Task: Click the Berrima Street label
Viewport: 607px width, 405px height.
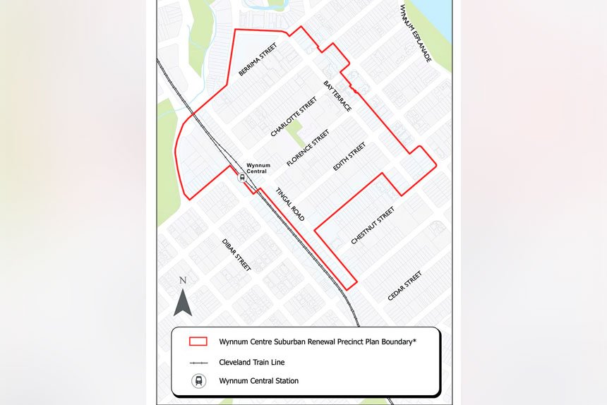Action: [258, 60]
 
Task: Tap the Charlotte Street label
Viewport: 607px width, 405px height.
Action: [294, 116]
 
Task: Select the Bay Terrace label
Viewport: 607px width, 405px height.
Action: [337, 96]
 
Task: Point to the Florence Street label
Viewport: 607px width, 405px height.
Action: [308, 147]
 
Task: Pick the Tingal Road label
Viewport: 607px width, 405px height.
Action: [290, 205]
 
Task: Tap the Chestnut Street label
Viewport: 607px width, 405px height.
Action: [373, 226]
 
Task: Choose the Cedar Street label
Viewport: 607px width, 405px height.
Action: [404, 286]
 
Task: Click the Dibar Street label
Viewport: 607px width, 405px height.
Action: [236, 255]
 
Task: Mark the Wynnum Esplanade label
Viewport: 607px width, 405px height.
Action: [415, 34]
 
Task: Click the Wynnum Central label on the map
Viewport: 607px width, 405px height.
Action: [259, 167]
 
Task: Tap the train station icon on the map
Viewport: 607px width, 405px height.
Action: [241, 178]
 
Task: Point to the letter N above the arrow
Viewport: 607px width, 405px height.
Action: [183, 280]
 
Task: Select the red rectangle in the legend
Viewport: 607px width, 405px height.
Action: [198, 341]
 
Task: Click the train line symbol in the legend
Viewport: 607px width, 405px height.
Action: [198, 362]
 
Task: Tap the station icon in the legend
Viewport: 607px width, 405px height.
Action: [199, 381]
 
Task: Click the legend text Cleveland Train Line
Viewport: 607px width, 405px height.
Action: [251, 362]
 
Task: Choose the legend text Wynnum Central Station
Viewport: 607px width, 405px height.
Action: [258, 381]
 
